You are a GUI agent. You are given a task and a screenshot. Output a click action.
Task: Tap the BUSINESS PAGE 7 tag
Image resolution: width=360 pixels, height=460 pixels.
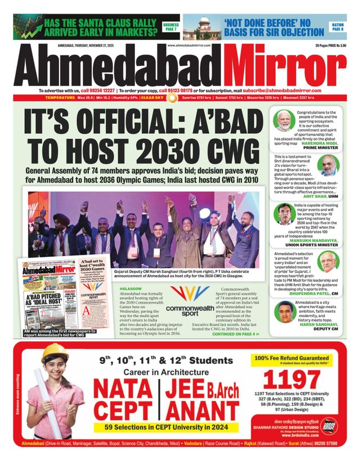coord(170,26)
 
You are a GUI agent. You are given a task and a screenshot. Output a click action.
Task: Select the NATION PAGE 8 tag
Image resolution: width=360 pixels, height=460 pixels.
coord(338,26)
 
